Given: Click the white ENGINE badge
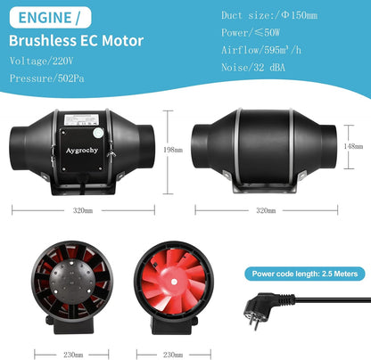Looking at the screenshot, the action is click(x=50, y=18).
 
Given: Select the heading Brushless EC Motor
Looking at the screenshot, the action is click(x=77, y=41).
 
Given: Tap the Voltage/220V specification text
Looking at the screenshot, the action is click(x=41, y=61).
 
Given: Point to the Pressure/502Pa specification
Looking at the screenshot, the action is click(x=47, y=78).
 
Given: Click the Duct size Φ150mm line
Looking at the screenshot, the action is click(x=269, y=15).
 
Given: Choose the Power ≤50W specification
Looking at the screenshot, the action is click(x=251, y=32).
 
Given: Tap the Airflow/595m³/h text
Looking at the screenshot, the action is click(x=261, y=50).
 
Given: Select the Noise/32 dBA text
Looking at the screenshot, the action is click(x=253, y=68).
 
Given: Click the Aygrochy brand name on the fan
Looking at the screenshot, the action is click(x=82, y=151).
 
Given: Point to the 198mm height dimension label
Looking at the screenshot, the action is click(x=173, y=150).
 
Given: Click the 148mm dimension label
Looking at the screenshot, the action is click(x=353, y=146).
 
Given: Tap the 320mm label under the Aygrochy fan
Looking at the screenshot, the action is click(x=83, y=210).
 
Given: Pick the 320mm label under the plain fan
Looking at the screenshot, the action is click(x=266, y=210).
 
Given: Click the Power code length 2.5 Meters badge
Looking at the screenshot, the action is click(x=305, y=274).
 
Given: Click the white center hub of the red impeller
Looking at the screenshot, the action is click(x=174, y=282).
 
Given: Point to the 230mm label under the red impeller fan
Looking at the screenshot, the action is click(x=173, y=355).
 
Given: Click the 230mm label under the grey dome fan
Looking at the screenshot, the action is click(x=73, y=355).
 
